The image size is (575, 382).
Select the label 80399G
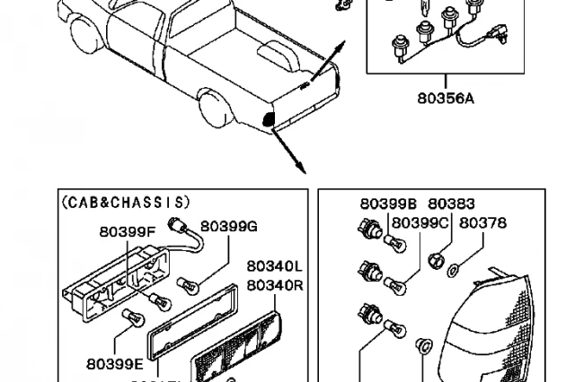tap(228, 226)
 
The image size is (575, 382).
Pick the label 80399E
tap(115, 364)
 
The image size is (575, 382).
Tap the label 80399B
tap(389, 204)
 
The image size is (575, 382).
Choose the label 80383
tap(451, 204)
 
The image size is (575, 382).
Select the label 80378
tap(482, 222)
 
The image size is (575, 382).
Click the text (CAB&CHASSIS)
tap(126, 202)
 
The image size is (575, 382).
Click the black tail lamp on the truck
tap(267, 119)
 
